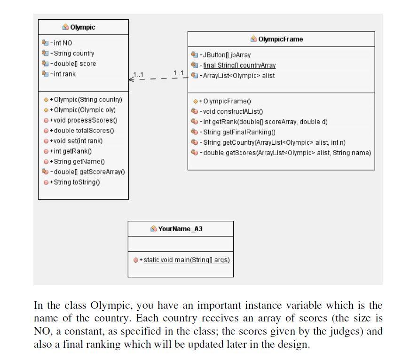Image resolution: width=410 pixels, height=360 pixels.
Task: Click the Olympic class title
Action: pyautogui.click(x=83, y=27)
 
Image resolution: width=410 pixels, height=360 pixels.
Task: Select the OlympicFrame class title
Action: pyautogui.click(x=280, y=39)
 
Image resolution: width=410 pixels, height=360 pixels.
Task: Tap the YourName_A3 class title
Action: pyautogui.click(x=180, y=229)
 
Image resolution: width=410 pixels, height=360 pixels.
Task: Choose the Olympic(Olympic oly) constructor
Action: pyautogui.click(x=85, y=110)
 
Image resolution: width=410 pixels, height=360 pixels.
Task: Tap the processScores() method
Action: pyautogui.click(x=83, y=120)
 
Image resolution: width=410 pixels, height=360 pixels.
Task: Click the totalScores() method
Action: pyautogui.click(x=82, y=131)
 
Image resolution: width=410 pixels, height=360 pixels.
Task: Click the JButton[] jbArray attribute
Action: pyautogui.click(x=225, y=55)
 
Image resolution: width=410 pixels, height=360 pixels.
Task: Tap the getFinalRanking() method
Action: pyautogui.click(x=237, y=132)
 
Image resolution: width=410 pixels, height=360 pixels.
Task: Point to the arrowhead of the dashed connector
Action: pyautogui.click(x=131, y=79)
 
